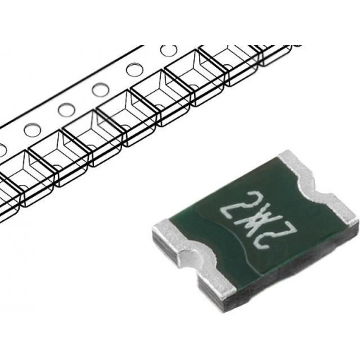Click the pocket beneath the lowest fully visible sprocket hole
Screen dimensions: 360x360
coord(46,166)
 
